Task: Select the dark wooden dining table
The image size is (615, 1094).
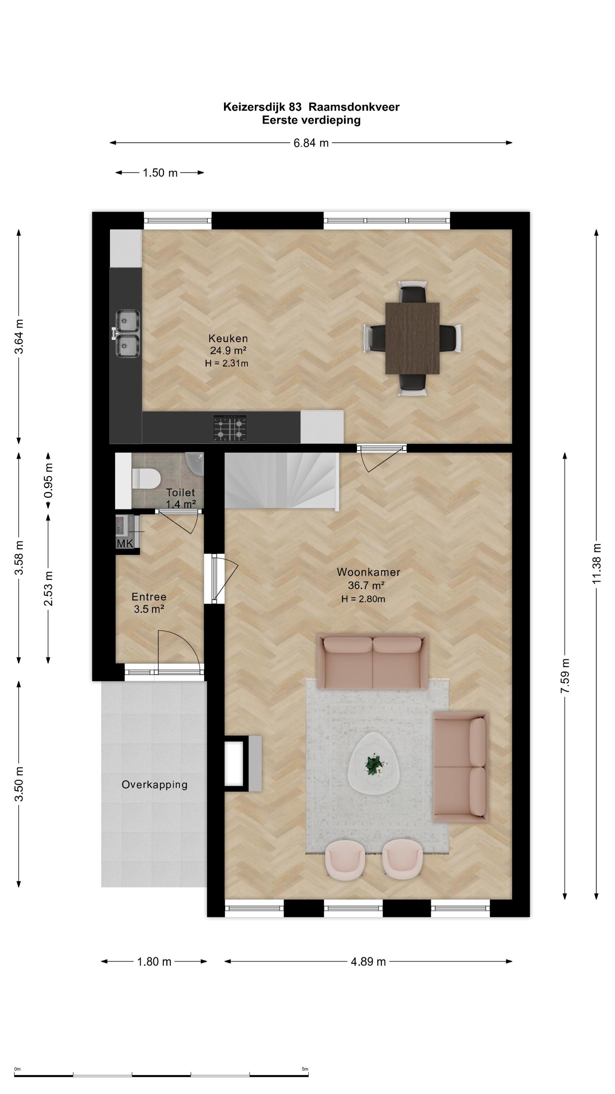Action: (x=412, y=338)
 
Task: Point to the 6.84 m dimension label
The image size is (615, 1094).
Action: (x=311, y=143)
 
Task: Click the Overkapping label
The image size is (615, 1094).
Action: (x=154, y=784)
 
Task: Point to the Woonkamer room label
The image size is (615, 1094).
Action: (x=368, y=572)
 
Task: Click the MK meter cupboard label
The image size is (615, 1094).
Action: (x=125, y=544)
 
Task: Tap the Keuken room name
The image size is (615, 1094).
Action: (x=228, y=338)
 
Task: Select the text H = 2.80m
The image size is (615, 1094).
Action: (x=363, y=599)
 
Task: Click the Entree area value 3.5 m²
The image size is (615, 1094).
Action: (x=149, y=609)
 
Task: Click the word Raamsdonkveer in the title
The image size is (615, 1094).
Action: (x=354, y=107)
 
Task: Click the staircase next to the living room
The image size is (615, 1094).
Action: (x=281, y=480)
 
